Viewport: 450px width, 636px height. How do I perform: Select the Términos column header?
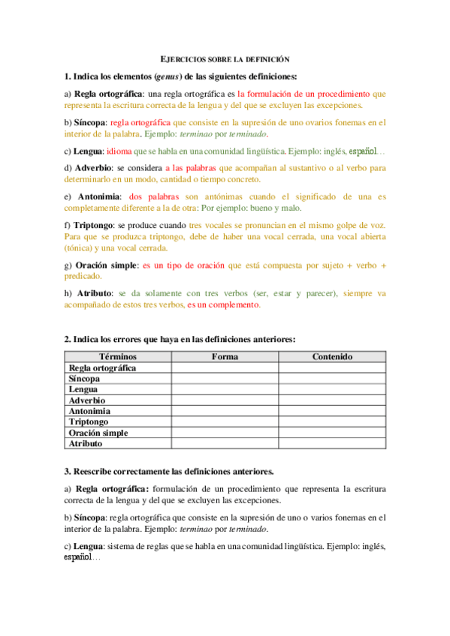tap(118, 356)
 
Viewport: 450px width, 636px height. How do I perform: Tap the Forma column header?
tap(225, 356)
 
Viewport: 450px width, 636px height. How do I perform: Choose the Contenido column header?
tap(332, 356)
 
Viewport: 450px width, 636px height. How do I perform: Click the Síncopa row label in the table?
tap(84, 379)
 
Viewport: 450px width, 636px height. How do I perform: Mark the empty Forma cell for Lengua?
tap(225, 389)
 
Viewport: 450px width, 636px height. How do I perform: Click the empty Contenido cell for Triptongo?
tap(332, 422)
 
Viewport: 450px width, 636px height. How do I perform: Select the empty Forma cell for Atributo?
tap(225, 444)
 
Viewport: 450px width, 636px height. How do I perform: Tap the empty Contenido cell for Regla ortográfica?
tap(332, 367)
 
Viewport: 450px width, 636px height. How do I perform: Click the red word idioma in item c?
tap(119, 150)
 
